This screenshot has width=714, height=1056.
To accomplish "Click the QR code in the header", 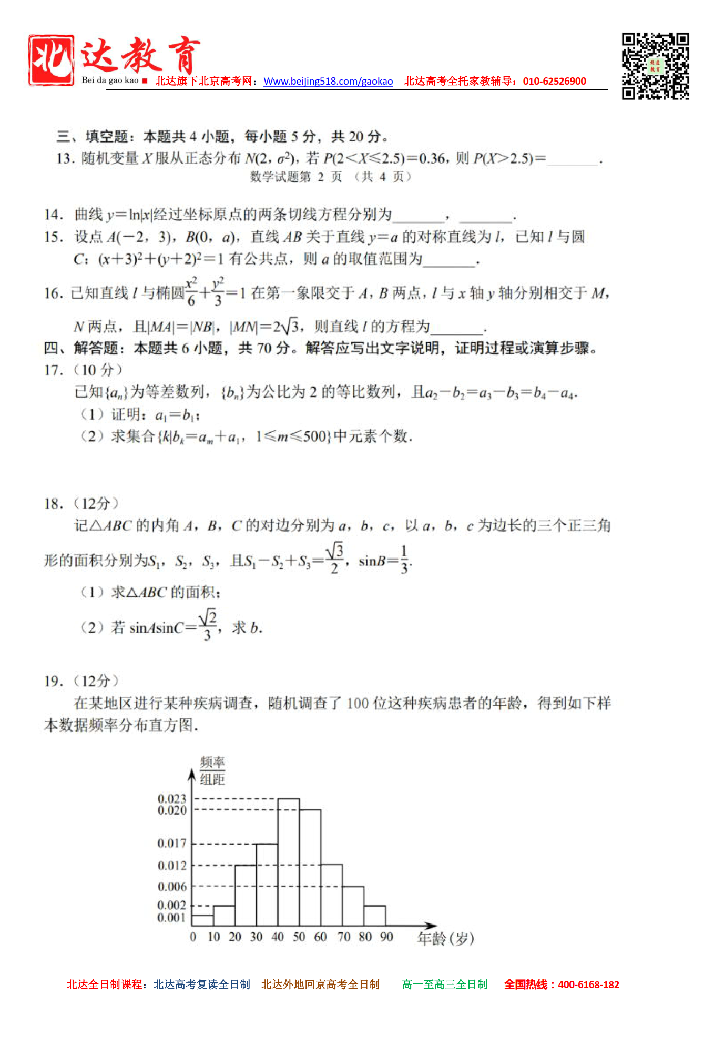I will (655, 66).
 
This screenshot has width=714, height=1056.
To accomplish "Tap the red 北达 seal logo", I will (51, 60).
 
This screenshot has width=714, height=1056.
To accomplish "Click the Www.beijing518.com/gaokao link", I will (328, 82).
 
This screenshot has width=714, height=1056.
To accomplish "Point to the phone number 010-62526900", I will (554, 82).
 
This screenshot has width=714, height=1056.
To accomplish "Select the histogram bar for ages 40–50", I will (289, 862).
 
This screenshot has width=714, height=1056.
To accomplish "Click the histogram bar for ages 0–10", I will (202, 920).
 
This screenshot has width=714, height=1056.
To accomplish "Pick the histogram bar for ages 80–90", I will (374, 916).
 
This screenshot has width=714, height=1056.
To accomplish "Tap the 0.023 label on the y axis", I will (172, 799).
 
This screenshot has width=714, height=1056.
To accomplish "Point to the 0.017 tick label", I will (172, 844).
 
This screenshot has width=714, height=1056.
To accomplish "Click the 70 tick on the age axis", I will (344, 937).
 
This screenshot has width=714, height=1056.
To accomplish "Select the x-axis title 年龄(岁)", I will (446, 938).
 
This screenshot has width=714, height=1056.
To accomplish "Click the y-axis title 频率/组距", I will (212, 771).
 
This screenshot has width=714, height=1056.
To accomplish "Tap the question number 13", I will (66, 158).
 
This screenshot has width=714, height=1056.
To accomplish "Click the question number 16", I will (53, 293).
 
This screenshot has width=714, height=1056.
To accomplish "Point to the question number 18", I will (53, 504).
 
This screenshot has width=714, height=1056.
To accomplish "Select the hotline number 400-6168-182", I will (588, 985).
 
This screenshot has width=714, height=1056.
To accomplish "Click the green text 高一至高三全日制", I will (445, 984).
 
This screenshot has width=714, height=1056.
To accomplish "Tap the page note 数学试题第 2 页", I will (295, 177).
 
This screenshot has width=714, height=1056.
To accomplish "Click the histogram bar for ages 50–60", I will (310, 868).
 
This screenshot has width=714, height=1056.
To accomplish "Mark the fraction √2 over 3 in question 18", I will (207, 625).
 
